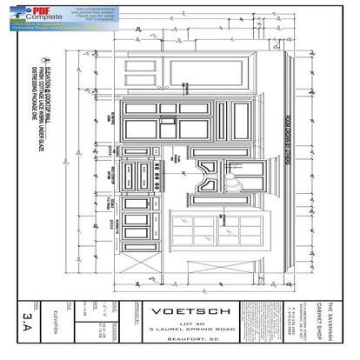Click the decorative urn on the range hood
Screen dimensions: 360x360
coord(232,181)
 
